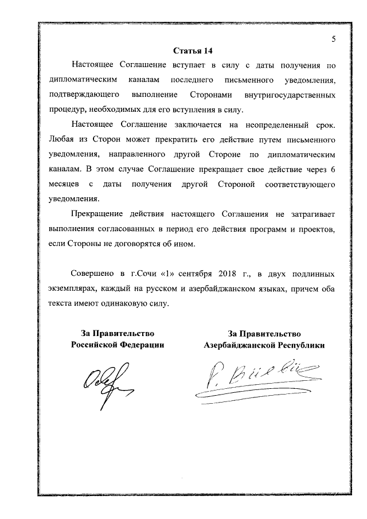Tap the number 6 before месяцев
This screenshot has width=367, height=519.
333,169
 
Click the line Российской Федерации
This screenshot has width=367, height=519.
118,345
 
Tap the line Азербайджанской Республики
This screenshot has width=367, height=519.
264,345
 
